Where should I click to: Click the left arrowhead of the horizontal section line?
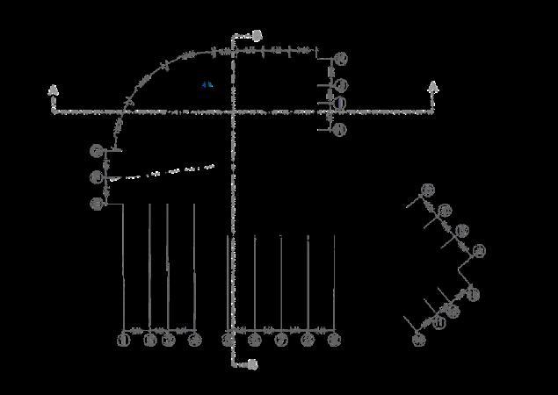pyautogui.click(x=54, y=90)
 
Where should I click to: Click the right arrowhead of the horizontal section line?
pyautogui.click(x=432, y=87)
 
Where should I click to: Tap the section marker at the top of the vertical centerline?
pyautogui.click(x=257, y=36)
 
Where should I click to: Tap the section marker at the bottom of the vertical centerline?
pyautogui.click(x=253, y=363)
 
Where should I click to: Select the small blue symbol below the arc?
pyautogui.click(x=207, y=85)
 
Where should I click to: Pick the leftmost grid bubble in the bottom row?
pyautogui.click(x=124, y=340)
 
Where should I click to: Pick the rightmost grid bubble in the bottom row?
pyautogui.click(x=334, y=340)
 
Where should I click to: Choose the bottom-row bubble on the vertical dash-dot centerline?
pyautogui.click(x=229, y=340)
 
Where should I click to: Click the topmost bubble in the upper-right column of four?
pyautogui.click(x=341, y=59)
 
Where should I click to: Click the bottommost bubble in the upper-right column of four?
pyautogui.click(x=341, y=130)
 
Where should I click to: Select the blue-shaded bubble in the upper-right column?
pyautogui.click(x=340, y=104)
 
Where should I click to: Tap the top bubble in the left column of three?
pyautogui.click(x=97, y=151)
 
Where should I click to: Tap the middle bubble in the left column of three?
pyautogui.click(x=97, y=177)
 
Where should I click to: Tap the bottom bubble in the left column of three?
pyautogui.click(x=97, y=204)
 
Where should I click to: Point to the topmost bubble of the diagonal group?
pyautogui.click(x=428, y=190)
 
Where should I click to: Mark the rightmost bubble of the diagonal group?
pyautogui.click(x=478, y=252)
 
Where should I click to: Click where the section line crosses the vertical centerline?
pyautogui.click(x=233, y=111)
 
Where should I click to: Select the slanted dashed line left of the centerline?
pyautogui.click(x=163, y=172)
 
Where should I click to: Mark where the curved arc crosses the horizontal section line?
pyautogui.click(x=122, y=112)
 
